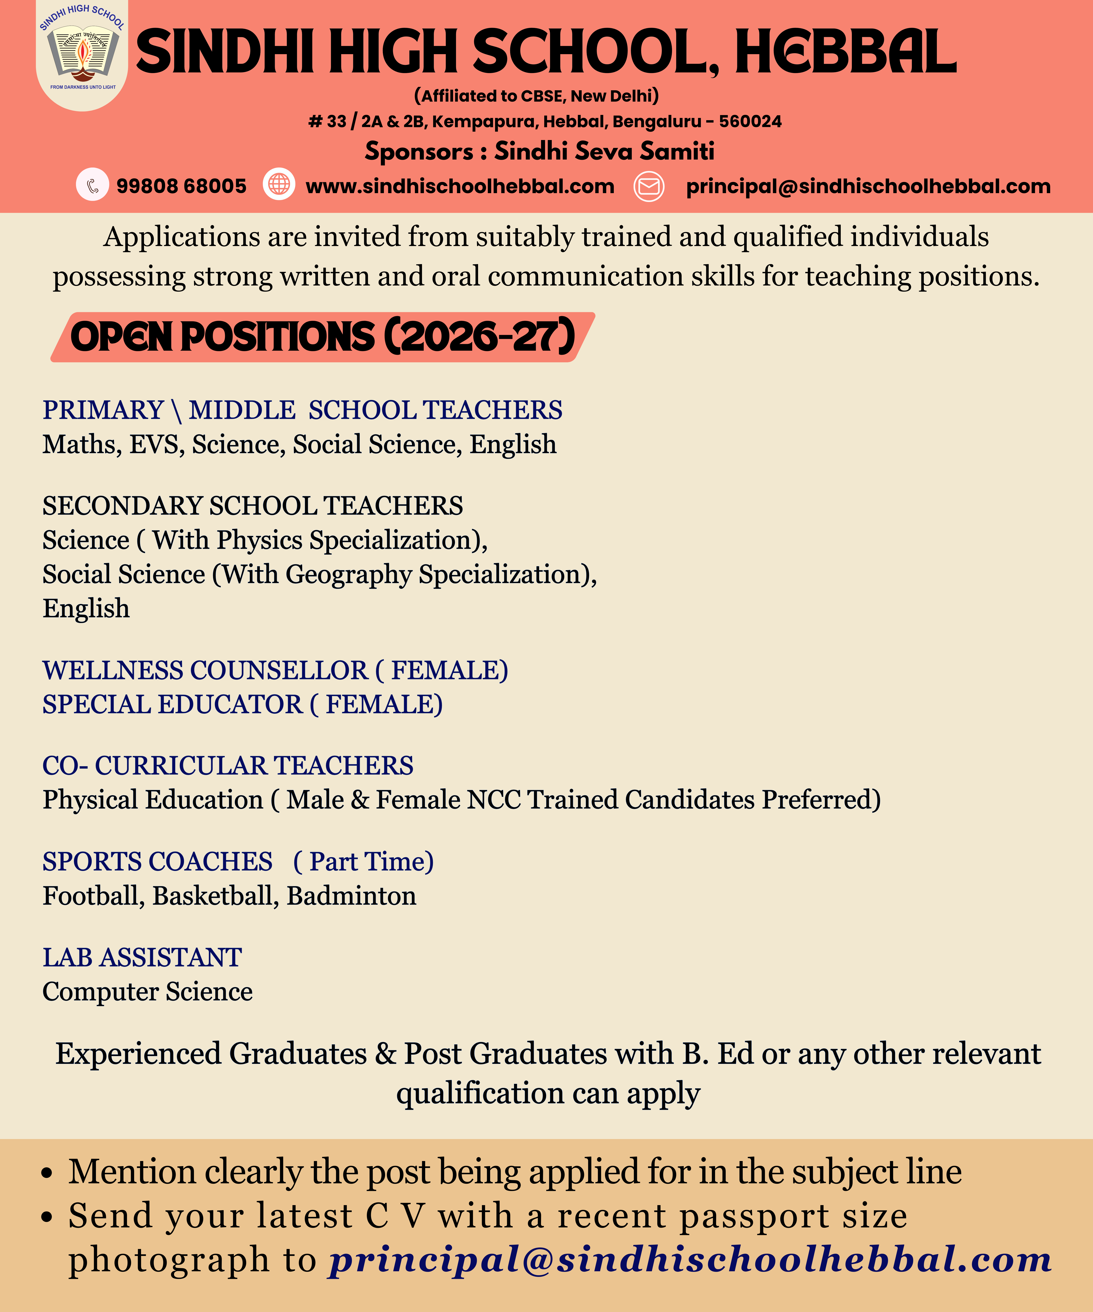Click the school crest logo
pos(82,55)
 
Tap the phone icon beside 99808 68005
pos(92,186)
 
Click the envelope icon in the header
pos(649,186)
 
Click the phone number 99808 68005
pos(181,186)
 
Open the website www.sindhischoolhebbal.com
pos(460,186)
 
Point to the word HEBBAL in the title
pos(845,52)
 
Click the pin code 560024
pos(750,121)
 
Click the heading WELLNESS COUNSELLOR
pos(205,670)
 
